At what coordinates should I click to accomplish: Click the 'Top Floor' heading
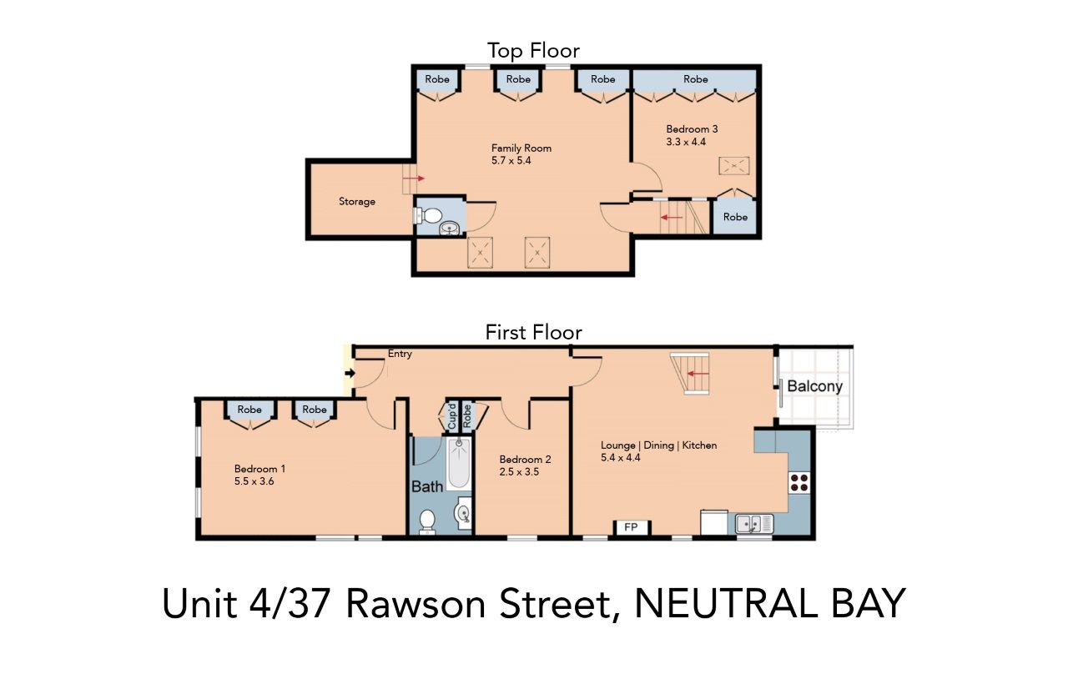533,51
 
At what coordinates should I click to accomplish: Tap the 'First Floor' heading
533,332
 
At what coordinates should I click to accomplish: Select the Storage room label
357,202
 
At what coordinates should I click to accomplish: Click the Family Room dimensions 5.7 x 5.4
511,160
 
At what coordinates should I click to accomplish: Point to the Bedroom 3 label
692,129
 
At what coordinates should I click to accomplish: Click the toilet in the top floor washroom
429,216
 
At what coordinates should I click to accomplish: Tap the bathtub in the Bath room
458,464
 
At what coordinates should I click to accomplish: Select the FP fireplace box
632,528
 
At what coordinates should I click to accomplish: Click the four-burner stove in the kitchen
798,481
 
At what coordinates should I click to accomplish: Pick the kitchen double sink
753,524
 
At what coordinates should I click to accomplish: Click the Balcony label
815,386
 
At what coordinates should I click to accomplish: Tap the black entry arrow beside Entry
350,374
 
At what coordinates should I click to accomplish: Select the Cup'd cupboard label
452,416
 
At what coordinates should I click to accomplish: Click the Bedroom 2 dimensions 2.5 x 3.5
518,471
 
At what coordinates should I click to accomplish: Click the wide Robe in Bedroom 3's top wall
695,79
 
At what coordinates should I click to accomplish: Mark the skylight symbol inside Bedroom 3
733,167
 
